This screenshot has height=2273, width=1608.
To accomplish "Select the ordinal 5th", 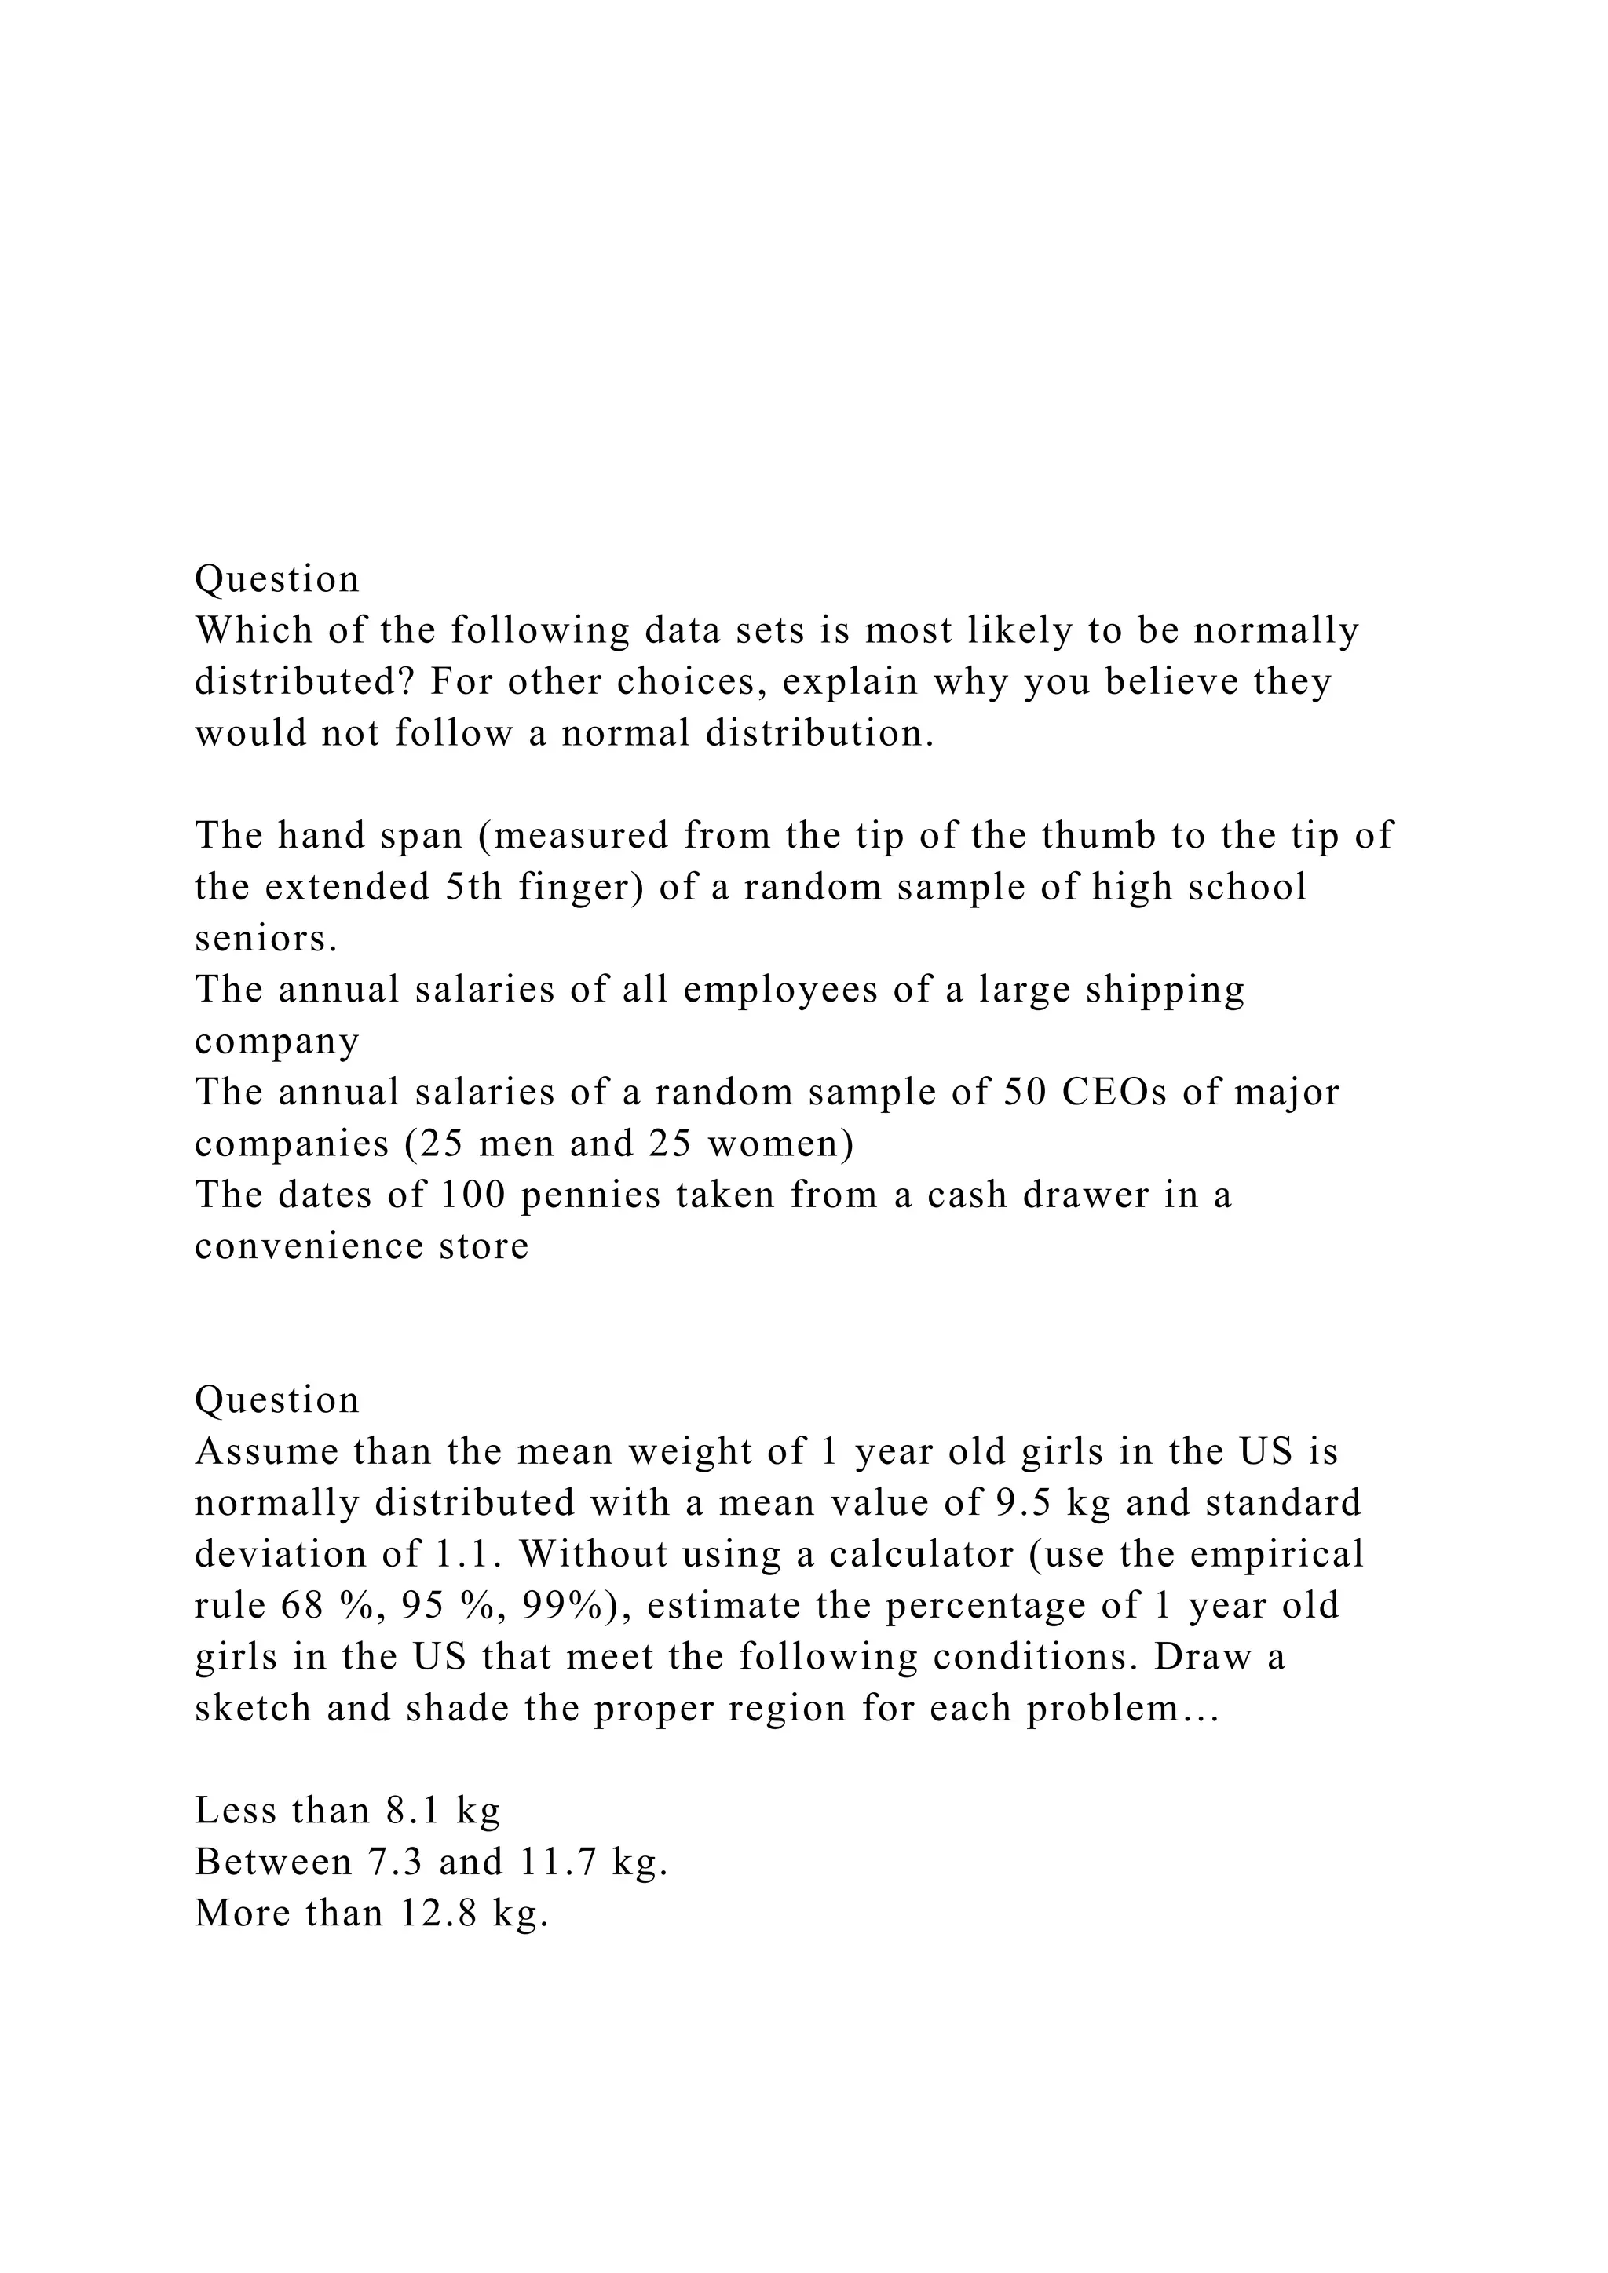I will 475,887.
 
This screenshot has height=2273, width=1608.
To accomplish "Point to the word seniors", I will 266,939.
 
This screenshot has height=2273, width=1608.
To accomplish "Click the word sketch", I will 253,1709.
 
